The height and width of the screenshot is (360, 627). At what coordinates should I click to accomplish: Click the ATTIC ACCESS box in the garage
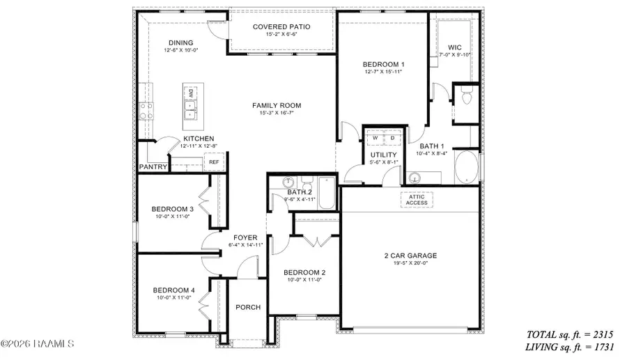pos(418,199)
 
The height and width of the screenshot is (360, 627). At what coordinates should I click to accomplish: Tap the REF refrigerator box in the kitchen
pos(214,162)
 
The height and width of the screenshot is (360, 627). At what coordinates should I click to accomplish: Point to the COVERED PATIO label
pos(281,27)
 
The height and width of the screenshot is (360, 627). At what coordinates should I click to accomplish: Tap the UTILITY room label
pos(383,155)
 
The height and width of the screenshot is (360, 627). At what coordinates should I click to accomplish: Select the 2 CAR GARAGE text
pos(410,256)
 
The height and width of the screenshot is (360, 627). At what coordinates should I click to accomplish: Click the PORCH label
pos(248,307)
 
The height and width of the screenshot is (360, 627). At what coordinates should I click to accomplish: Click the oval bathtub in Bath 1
pos(466,168)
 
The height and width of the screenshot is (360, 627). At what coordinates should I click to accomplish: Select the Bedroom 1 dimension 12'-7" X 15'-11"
pos(384,72)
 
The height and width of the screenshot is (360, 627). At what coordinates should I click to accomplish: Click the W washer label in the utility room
pos(375,138)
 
